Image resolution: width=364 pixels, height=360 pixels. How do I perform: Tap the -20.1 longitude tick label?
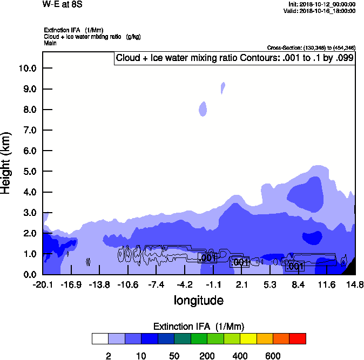43,284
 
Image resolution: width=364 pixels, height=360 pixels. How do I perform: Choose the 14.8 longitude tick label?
355,284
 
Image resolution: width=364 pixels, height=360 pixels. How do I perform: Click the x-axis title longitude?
198,300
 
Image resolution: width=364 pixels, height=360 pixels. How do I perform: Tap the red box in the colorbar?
298,338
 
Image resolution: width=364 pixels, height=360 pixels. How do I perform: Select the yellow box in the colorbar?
248,338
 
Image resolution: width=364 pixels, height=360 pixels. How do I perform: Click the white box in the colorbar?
100,338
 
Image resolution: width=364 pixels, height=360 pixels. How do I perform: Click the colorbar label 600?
273,356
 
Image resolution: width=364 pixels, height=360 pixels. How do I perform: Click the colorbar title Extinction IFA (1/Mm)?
199,327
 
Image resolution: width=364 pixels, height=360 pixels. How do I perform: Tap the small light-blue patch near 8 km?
203,109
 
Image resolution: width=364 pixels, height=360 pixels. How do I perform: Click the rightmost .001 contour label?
295,266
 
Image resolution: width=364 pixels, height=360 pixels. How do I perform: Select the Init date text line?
322,4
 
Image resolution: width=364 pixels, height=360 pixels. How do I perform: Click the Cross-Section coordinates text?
311,48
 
